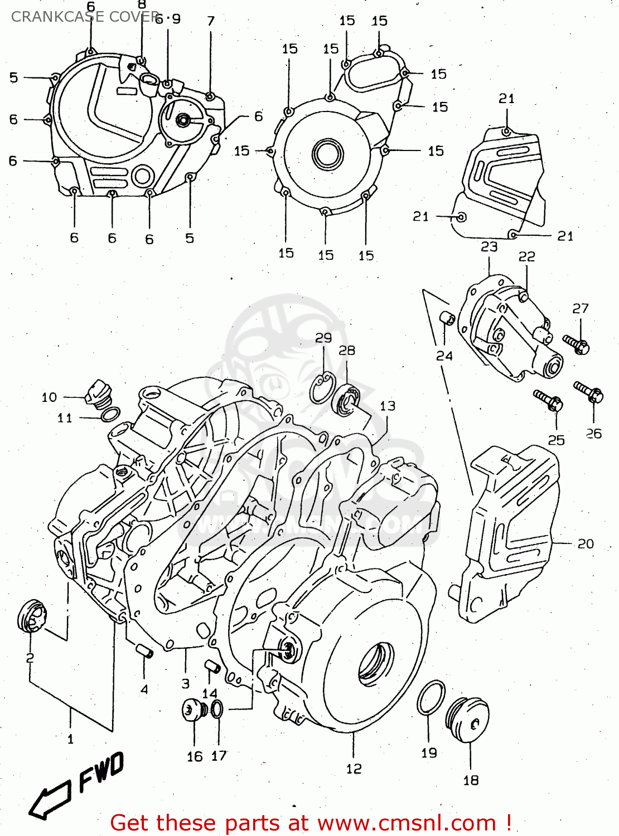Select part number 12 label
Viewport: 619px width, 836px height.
(354, 769)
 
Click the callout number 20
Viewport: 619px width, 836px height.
(585, 543)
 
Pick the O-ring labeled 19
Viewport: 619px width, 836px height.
(431, 697)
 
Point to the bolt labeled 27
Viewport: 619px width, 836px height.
(576, 344)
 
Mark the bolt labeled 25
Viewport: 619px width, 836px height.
(549, 401)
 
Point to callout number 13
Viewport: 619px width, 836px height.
(388, 406)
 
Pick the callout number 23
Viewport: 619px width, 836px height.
(489, 246)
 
